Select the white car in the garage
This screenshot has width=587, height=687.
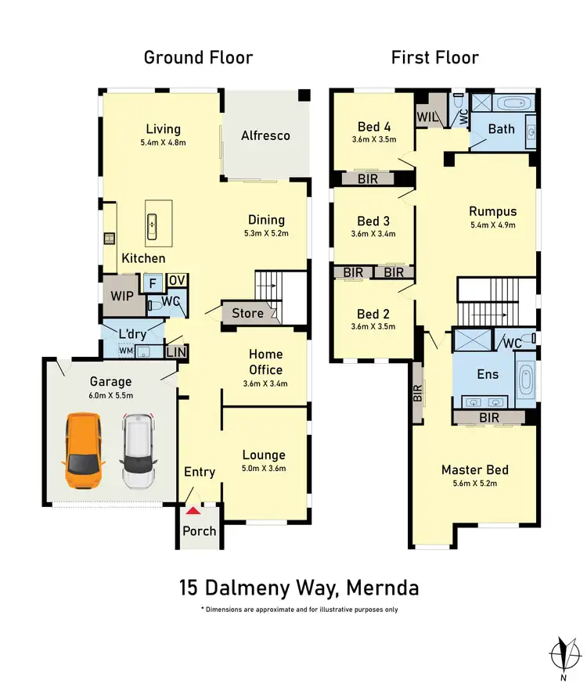click(139, 451)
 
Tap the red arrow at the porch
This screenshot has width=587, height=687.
click(193, 512)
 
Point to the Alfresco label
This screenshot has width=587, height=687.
click(265, 135)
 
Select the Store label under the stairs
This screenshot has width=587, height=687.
click(247, 314)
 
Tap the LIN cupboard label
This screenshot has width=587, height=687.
click(177, 353)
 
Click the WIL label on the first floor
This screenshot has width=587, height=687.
click(427, 117)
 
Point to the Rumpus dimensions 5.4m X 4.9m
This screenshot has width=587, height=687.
click(492, 225)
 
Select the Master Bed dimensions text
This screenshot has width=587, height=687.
click(474, 484)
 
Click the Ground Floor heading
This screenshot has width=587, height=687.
click(198, 57)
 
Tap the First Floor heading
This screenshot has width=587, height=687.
click(434, 57)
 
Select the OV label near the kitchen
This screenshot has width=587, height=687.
click(177, 281)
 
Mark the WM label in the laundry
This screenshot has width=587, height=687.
click(125, 351)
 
